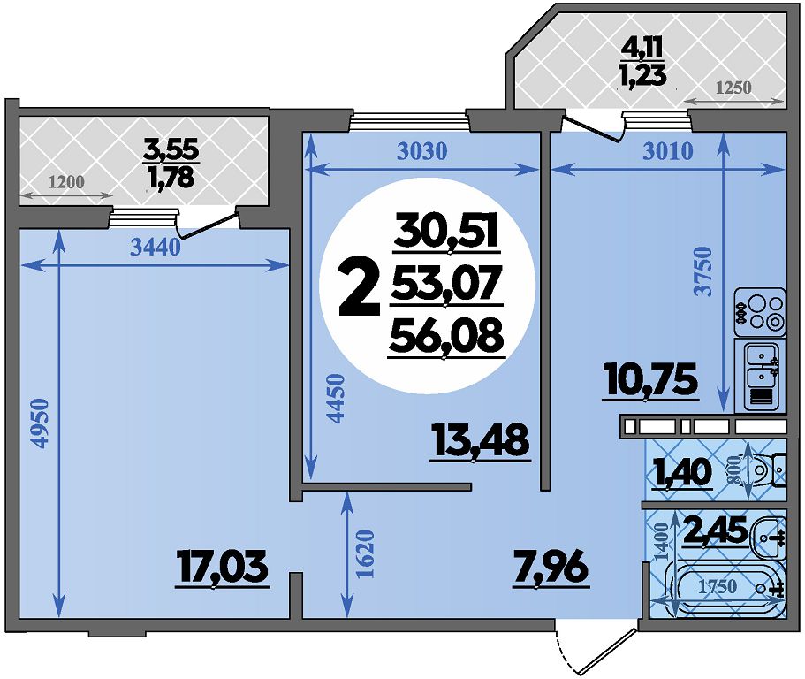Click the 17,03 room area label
[222, 568]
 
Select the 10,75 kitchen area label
[652, 380]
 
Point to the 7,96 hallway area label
[551, 568]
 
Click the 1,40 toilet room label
[682, 473]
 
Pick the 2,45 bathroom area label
[715, 530]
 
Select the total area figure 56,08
[446, 338]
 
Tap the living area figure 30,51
[446, 233]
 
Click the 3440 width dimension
[155, 248]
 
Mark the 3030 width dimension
[422, 151]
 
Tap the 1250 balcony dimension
[733, 88]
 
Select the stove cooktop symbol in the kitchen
[760, 312]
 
